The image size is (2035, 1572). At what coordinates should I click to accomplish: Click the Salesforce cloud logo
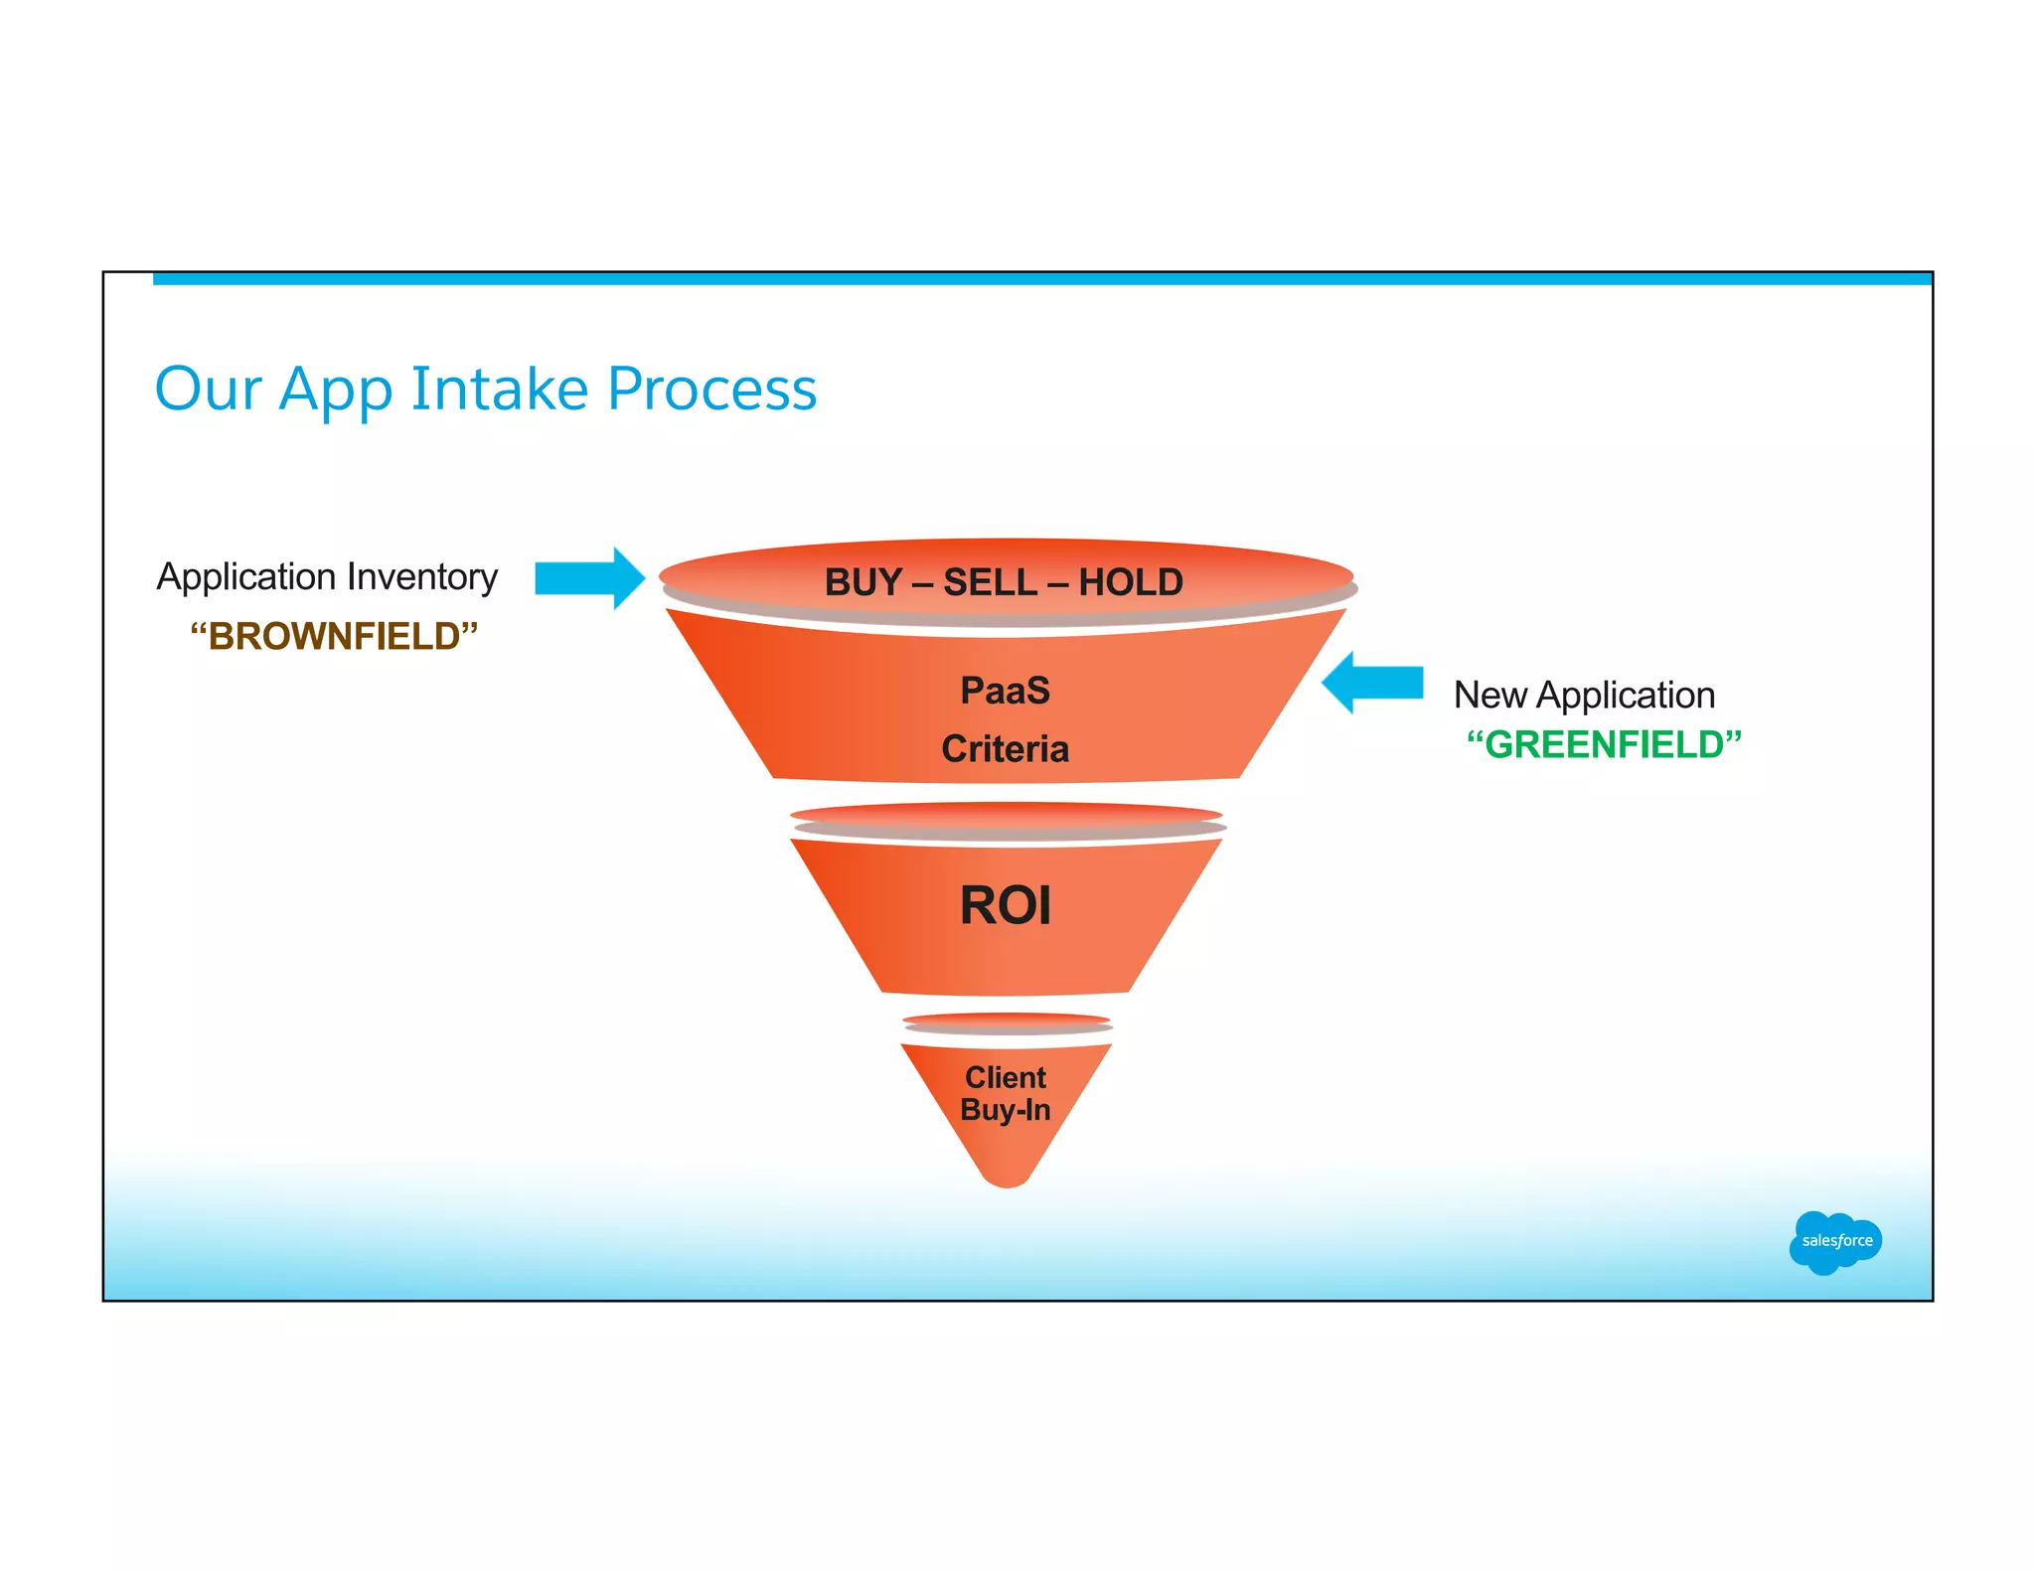pyautogui.click(x=1834, y=1241)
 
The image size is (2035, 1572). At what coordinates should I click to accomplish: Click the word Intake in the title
pyautogui.click(x=499, y=389)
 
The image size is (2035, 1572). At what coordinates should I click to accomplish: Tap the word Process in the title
pyautogui.click(x=711, y=389)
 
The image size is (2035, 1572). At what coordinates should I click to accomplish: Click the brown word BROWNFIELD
pyautogui.click(x=334, y=636)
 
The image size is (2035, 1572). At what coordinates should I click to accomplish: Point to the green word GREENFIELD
pyautogui.click(x=1604, y=744)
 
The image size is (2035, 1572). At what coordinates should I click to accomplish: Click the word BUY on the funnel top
pyautogui.click(x=861, y=582)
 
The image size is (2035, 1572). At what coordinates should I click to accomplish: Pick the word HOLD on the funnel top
pyautogui.click(x=1131, y=582)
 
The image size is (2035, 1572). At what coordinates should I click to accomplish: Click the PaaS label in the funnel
pyautogui.click(x=1005, y=691)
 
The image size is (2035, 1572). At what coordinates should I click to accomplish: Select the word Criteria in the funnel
pyautogui.click(x=1005, y=749)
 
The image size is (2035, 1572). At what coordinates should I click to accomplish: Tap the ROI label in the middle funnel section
pyautogui.click(x=1005, y=905)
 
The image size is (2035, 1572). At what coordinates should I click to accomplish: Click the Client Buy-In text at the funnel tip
pyautogui.click(x=1005, y=1094)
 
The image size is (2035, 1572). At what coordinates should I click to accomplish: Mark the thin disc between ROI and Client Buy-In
pyautogui.click(x=1007, y=1023)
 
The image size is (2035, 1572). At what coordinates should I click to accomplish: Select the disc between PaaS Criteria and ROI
pyautogui.click(x=1007, y=821)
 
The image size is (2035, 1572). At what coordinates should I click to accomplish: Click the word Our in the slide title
pyautogui.click(x=208, y=389)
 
